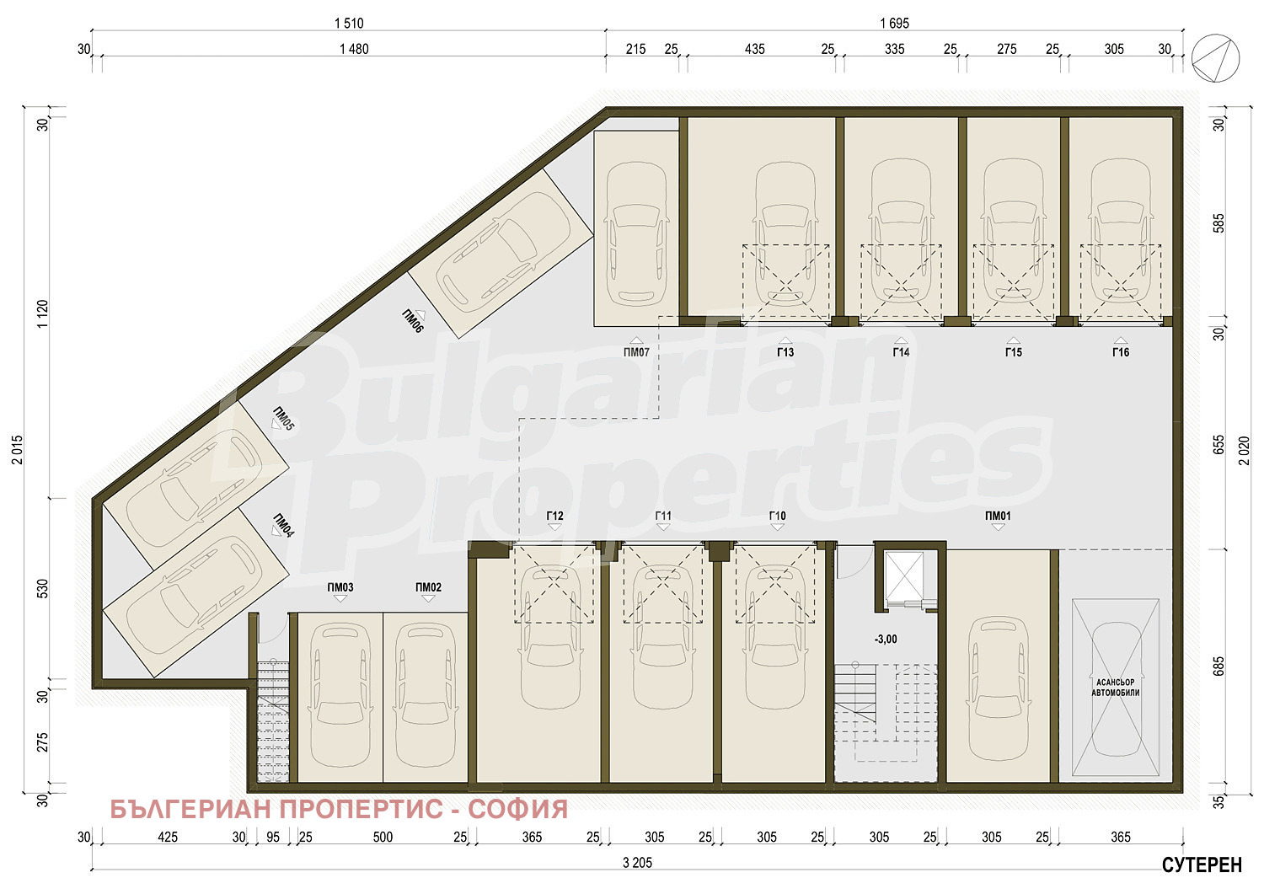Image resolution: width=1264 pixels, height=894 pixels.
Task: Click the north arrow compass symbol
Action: tap(1215, 58)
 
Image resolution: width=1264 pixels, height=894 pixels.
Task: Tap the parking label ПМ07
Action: tap(636, 352)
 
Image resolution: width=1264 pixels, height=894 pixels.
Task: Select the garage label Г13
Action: tap(785, 352)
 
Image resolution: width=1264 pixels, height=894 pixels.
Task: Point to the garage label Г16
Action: tap(1120, 352)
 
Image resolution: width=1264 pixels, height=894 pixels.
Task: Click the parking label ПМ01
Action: tap(998, 516)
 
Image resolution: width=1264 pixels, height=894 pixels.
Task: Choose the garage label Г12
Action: tap(554, 516)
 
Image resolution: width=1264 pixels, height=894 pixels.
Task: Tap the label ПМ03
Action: tap(340, 587)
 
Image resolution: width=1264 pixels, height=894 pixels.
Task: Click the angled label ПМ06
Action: tap(413, 322)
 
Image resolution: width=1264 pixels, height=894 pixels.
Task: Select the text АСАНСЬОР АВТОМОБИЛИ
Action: tap(1115, 687)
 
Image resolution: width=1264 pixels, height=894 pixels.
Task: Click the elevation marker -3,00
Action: tap(886, 639)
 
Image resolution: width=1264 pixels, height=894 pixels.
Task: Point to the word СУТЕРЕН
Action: tap(1202, 865)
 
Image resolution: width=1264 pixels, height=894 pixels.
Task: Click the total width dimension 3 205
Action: tap(637, 862)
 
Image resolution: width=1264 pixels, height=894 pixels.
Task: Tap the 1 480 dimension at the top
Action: tap(354, 49)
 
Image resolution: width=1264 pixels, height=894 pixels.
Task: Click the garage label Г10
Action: tap(777, 516)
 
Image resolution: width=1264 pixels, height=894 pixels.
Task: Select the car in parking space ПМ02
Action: tap(426, 695)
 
